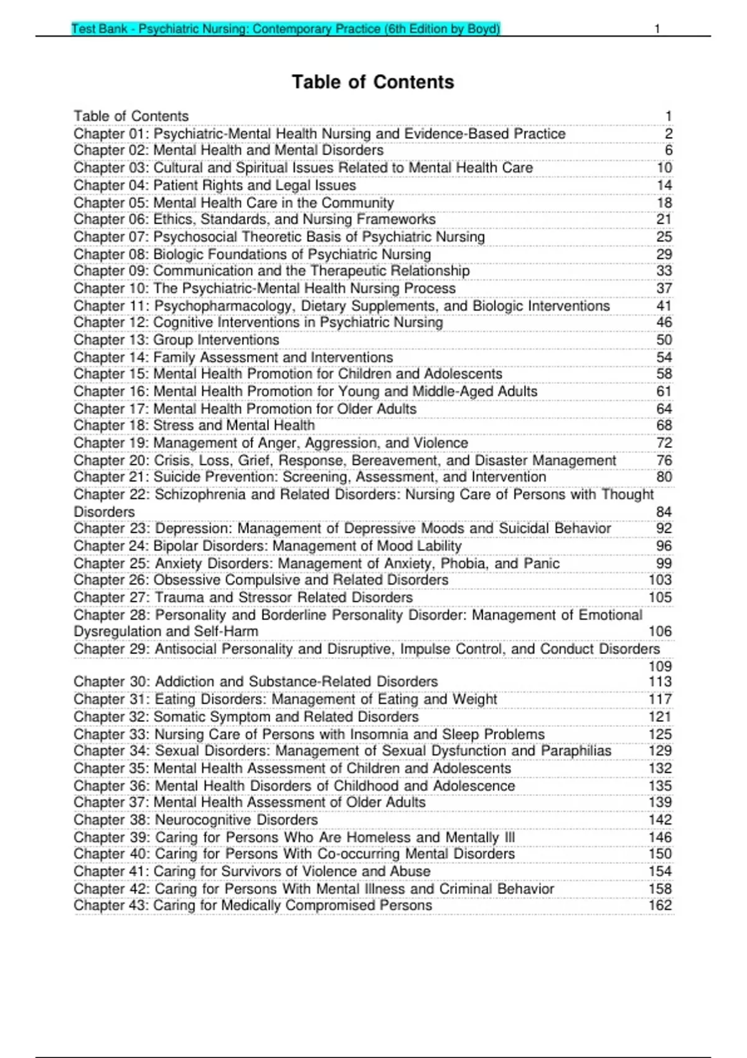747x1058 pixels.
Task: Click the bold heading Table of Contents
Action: point(373,82)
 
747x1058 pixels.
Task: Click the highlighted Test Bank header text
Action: point(286,29)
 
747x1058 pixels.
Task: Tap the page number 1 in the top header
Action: point(657,29)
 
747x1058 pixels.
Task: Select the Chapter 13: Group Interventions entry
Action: point(176,340)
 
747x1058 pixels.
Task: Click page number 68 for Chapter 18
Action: point(664,425)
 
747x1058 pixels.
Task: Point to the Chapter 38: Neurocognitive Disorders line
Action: point(195,820)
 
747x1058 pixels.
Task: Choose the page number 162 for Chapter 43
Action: point(660,905)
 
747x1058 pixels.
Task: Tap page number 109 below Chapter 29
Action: point(660,666)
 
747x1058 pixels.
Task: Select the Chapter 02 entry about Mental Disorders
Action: point(228,150)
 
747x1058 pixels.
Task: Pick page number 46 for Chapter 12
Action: point(664,322)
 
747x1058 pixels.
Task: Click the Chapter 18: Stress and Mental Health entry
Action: point(194,425)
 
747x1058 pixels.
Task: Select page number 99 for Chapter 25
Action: point(664,563)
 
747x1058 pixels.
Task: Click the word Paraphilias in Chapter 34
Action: point(576,751)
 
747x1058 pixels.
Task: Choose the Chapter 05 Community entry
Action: point(233,203)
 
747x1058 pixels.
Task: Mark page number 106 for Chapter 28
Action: point(660,631)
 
